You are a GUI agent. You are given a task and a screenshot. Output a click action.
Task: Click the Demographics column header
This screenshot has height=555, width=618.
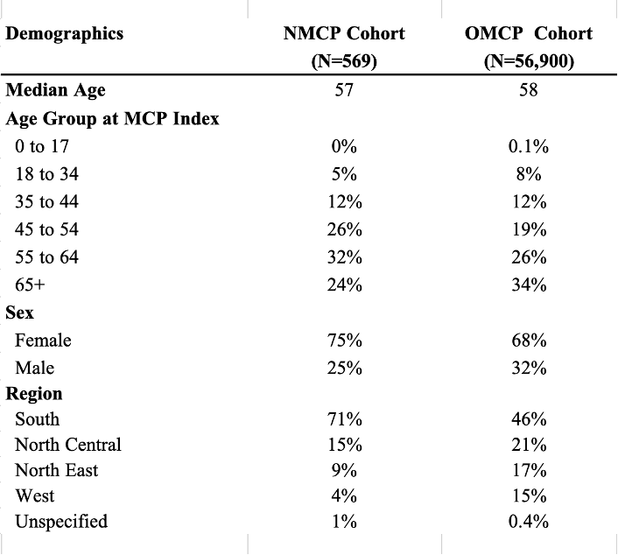coord(64,34)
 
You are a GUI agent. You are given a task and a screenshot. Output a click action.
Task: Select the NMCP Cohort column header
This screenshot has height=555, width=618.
coord(344,47)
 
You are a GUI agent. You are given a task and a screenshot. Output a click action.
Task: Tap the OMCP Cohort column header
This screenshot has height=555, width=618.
coord(529,47)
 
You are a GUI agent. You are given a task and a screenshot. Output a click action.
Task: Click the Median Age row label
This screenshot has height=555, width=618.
coord(55,90)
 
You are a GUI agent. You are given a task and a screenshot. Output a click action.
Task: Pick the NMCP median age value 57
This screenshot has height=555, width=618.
coord(344,90)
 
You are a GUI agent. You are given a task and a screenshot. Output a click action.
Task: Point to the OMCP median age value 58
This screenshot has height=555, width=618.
coord(529,90)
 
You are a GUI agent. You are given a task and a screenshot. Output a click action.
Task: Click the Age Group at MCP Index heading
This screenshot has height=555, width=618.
coord(112,119)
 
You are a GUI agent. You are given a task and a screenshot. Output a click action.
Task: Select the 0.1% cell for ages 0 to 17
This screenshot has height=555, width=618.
coord(529,146)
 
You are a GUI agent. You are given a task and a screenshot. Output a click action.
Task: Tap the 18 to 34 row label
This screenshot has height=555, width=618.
coord(47,174)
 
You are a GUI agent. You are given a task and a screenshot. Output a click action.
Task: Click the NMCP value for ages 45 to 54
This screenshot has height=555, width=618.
coord(345,229)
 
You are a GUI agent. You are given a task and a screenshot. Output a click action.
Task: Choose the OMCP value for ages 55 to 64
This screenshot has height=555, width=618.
coord(529,257)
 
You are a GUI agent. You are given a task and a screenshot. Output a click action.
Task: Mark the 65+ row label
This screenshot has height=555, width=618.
coord(30,285)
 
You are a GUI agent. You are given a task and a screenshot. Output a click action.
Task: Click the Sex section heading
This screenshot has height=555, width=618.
coord(20,313)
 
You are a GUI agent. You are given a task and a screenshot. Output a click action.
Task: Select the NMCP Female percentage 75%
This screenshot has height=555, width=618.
coord(345,341)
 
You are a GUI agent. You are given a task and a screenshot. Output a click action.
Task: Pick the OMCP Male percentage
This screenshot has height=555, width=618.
coord(529,368)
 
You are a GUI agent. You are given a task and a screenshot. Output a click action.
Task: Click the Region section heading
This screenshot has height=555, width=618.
coord(34,394)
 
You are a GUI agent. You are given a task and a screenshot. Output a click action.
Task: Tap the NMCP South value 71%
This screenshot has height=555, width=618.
coord(345,418)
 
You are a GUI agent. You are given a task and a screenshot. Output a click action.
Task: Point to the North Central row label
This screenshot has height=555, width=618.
coord(68,445)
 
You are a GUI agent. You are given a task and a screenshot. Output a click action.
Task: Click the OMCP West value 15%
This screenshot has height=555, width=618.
coord(529,495)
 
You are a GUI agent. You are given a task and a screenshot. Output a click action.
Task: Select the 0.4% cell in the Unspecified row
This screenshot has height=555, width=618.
coord(529,521)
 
